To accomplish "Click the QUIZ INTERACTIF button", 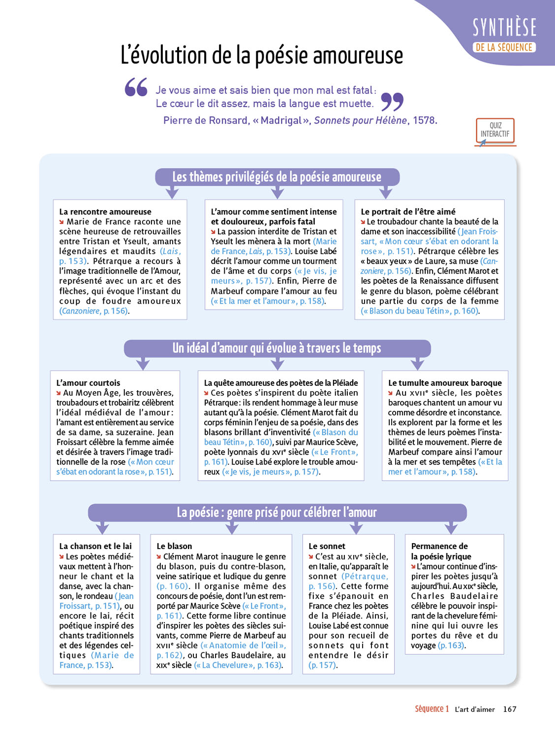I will coord(495,130).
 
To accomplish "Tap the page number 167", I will coord(510,709).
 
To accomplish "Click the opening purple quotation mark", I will coord(136,87).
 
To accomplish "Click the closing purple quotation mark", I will coord(392,101).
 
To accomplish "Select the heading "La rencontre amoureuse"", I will coord(105,212).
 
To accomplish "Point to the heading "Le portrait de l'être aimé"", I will coord(408,212).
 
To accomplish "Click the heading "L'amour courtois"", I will coord(88,383).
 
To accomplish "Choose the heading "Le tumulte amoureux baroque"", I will coord(445,383).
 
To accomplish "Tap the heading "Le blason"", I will coord(174,546).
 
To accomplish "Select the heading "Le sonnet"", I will coord(327,546).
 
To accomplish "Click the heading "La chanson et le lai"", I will coord(95,546).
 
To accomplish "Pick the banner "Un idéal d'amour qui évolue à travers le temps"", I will coord(277,348).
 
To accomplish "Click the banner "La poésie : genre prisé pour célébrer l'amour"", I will coord(277,513).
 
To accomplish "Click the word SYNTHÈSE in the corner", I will coord(504,28).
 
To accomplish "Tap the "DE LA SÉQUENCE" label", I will coord(504,48).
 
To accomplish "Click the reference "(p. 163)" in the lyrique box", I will coord(451,645).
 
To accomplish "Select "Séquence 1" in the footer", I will coord(432,709).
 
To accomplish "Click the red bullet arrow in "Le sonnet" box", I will coord(311,556).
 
